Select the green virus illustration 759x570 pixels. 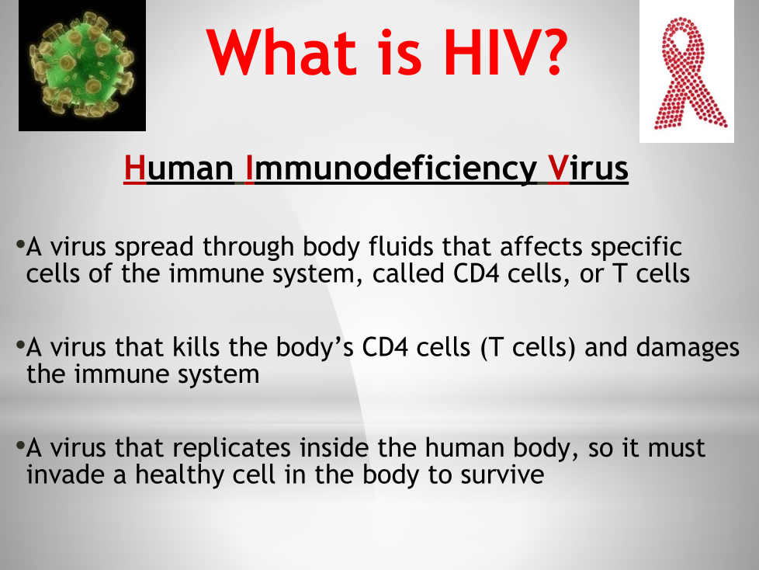(82, 65)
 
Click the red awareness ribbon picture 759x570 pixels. (687, 71)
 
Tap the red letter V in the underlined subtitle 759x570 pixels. (558, 168)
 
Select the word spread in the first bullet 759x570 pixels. (154, 248)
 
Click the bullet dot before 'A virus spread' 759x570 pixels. (20, 244)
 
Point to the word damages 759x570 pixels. (688, 348)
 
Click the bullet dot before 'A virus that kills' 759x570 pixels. (20, 345)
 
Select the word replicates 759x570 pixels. (231, 448)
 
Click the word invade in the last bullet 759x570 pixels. (65, 474)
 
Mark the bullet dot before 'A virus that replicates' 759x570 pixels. (20, 445)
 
